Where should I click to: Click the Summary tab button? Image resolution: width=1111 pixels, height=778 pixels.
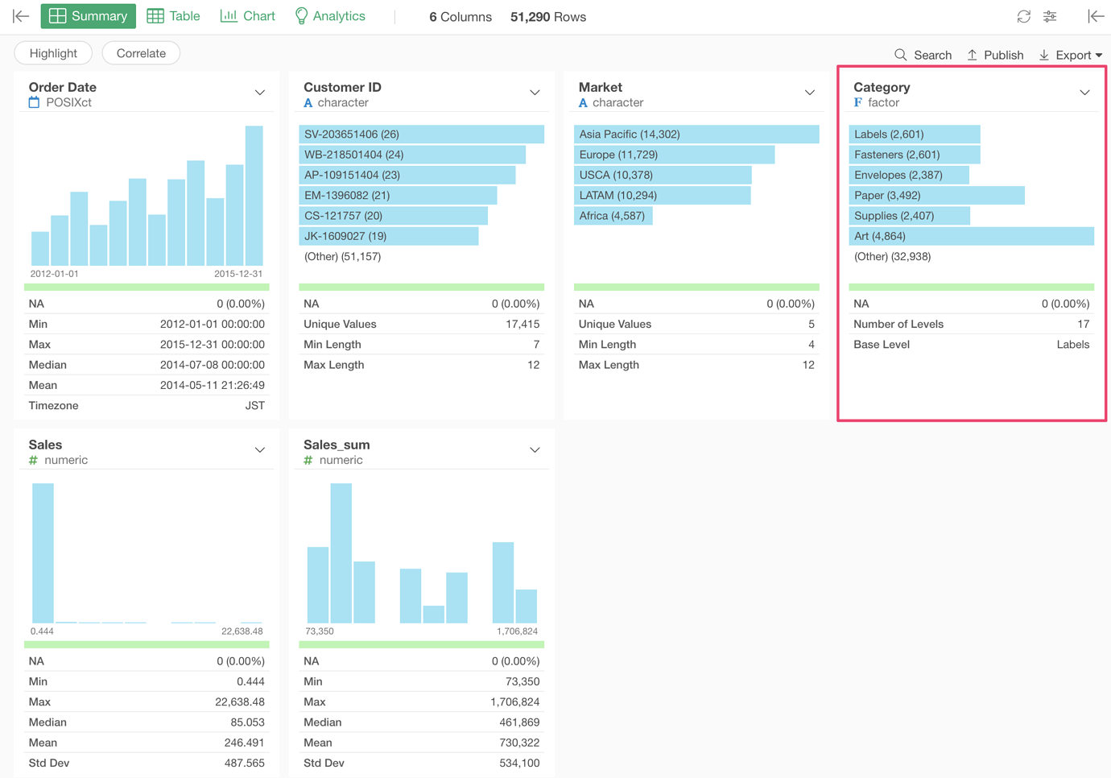(89, 16)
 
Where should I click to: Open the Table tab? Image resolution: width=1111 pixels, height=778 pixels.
(174, 16)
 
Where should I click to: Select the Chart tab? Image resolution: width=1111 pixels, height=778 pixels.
(247, 16)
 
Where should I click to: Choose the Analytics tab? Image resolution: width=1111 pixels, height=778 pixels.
(330, 16)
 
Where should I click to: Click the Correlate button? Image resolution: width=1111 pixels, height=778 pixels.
(141, 53)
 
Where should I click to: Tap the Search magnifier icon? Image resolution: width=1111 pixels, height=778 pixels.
(900, 55)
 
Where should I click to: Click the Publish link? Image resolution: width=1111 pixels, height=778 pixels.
(995, 55)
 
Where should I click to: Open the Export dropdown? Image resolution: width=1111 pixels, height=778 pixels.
(1070, 55)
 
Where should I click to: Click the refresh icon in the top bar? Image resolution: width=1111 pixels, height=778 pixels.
(1024, 17)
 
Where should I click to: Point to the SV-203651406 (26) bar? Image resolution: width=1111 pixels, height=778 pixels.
(421, 134)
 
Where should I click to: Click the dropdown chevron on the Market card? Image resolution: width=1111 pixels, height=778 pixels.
(809, 93)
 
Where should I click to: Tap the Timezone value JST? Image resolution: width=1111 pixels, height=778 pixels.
(255, 405)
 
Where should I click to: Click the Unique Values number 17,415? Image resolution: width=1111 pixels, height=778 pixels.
(522, 324)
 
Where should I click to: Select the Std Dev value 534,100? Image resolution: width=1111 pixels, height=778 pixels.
(519, 763)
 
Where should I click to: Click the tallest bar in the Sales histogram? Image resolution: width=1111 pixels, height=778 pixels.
(43, 552)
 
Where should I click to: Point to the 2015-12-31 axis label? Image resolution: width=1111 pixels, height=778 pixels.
(238, 274)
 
